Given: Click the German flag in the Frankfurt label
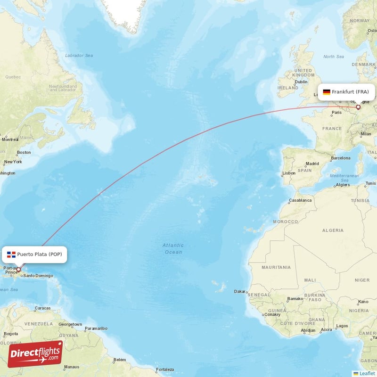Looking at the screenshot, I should pyautogui.click(x=326, y=92).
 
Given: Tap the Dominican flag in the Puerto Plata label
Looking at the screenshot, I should pyautogui.click(x=11, y=255).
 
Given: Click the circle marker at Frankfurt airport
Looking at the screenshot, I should pyautogui.click(x=358, y=107).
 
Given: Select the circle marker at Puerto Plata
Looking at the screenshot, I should pyautogui.click(x=19, y=270).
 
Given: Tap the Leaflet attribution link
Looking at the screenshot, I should pyautogui.click(x=367, y=373).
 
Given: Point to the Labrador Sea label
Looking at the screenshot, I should pyautogui.click(x=79, y=56).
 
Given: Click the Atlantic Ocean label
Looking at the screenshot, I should pyautogui.click(x=172, y=248).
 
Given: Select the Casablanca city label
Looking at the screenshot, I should pyautogui.click(x=301, y=200).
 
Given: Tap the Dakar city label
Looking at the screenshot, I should pyautogui.click(x=239, y=292).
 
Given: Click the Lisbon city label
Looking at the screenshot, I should pyautogui.click(x=289, y=173).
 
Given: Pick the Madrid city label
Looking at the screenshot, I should pyautogui.click(x=312, y=164).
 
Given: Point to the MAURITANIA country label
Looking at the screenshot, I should pyautogui.click(x=276, y=267).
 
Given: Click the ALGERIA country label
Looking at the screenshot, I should pyautogui.click(x=333, y=230).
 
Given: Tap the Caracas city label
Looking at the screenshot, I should pyautogui.click(x=42, y=308).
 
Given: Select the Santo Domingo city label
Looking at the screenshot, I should pyautogui.click(x=38, y=276).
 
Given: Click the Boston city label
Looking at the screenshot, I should pyautogui.click(x=24, y=152).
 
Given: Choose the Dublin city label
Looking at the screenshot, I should pyautogui.click(x=302, y=82).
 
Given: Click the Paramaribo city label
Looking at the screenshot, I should pyautogui.click(x=97, y=328).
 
